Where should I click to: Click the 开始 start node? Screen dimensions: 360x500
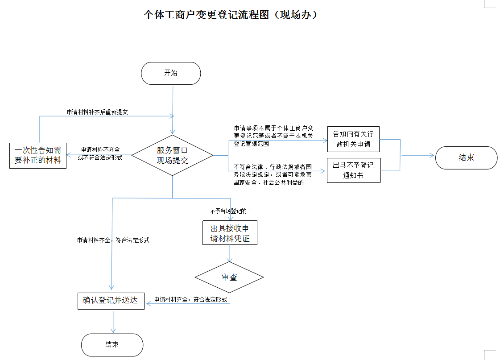tap(171, 73)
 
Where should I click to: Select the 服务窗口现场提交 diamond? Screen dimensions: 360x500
tap(172, 155)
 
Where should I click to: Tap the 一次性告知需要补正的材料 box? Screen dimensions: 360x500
tap(38, 155)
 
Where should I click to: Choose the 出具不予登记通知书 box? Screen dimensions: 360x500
tap(353, 170)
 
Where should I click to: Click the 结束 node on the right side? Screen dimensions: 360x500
tap(466, 157)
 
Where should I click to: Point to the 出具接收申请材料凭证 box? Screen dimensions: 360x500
tap(230, 233)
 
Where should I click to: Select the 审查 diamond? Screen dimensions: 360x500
tap(229, 277)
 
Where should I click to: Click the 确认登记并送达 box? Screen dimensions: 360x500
tap(111, 301)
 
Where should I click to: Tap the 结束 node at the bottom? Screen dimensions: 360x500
tap(112, 345)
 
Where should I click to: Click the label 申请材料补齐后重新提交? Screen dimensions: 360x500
tap(97, 112)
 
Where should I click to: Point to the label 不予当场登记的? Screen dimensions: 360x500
tap(228, 211)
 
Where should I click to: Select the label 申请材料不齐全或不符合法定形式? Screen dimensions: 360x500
tap(100, 153)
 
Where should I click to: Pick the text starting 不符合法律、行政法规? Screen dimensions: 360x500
tap(272, 174)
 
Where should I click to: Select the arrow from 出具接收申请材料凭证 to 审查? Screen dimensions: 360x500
tap(230, 253)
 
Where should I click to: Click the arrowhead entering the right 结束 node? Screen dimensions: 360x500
tap(431, 156)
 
